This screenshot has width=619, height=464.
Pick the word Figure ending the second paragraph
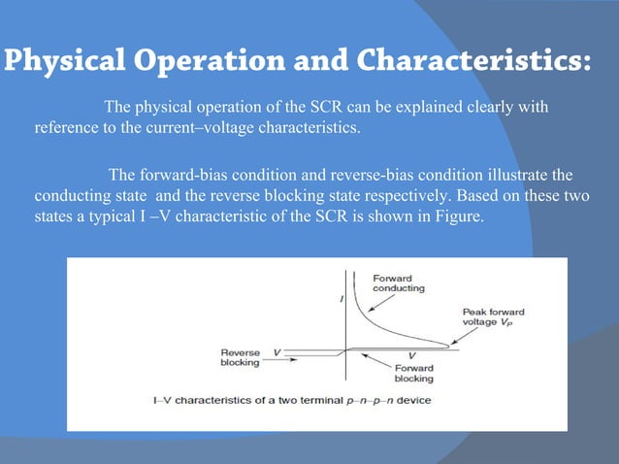[456, 218]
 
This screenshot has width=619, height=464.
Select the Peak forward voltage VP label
[493, 318]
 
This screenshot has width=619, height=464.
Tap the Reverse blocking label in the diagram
[240, 357]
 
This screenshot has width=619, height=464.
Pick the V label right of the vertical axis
[412, 355]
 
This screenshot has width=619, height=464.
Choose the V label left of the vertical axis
[277, 350]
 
